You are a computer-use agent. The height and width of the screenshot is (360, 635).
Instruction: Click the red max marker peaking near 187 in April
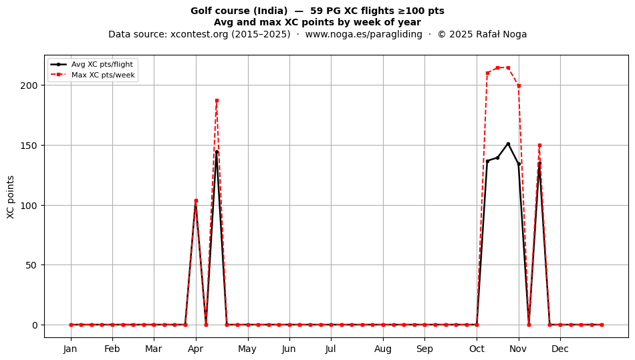tap(217, 100)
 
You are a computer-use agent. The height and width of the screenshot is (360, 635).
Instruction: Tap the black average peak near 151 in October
tap(508, 144)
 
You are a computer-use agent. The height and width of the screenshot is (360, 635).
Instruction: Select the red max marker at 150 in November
tap(539, 145)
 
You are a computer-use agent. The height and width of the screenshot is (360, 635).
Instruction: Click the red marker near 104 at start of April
tap(196, 200)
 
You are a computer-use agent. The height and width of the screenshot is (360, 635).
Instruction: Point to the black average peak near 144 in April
tap(217, 152)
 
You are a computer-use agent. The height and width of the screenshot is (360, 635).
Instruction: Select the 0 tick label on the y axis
tap(35, 325)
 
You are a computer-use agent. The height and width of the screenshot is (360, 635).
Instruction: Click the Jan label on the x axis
tap(70, 349)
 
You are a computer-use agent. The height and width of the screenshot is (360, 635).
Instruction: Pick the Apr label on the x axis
tap(196, 349)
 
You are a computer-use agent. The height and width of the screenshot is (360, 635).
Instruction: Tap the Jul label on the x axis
tap(330, 349)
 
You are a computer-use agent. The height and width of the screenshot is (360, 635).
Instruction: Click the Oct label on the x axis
tap(477, 349)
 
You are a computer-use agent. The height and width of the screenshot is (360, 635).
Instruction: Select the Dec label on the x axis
tap(560, 349)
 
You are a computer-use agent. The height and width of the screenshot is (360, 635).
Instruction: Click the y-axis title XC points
tap(11, 197)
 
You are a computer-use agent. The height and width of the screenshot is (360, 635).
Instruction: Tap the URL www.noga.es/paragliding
tap(364, 34)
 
